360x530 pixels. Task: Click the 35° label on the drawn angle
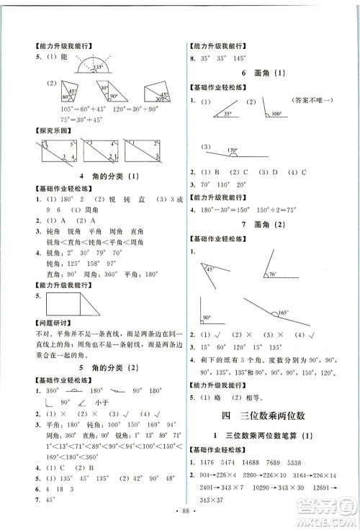[x=228, y=114]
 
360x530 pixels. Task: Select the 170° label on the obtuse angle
[x=233, y=151]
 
